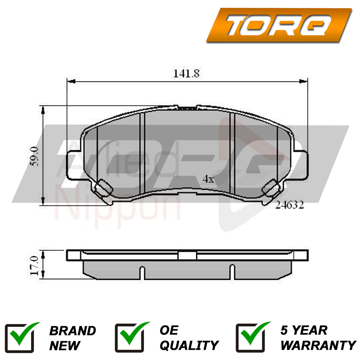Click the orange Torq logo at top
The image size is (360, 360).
click(x=279, y=25)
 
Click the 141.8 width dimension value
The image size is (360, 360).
click(x=186, y=73)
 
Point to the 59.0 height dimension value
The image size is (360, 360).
click(x=34, y=156)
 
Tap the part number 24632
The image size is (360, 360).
click(x=289, y=205)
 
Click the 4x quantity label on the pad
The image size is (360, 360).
click(x=208, y=179)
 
